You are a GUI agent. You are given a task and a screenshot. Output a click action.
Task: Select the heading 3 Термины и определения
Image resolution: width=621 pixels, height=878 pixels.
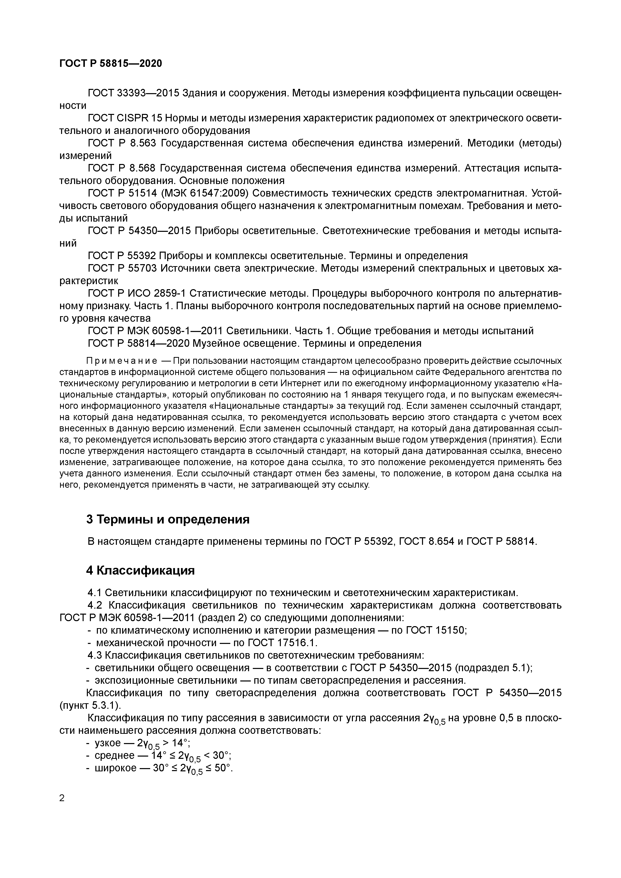click(x=168, y=519)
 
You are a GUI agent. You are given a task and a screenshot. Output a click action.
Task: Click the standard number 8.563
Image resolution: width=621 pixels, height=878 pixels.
click(x=143, y=143)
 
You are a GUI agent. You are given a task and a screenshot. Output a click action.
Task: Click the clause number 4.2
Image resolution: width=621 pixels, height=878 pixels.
click(x=94, y=605)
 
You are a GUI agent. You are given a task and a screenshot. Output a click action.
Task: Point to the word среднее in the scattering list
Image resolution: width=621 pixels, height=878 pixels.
click(x=115, y=755)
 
